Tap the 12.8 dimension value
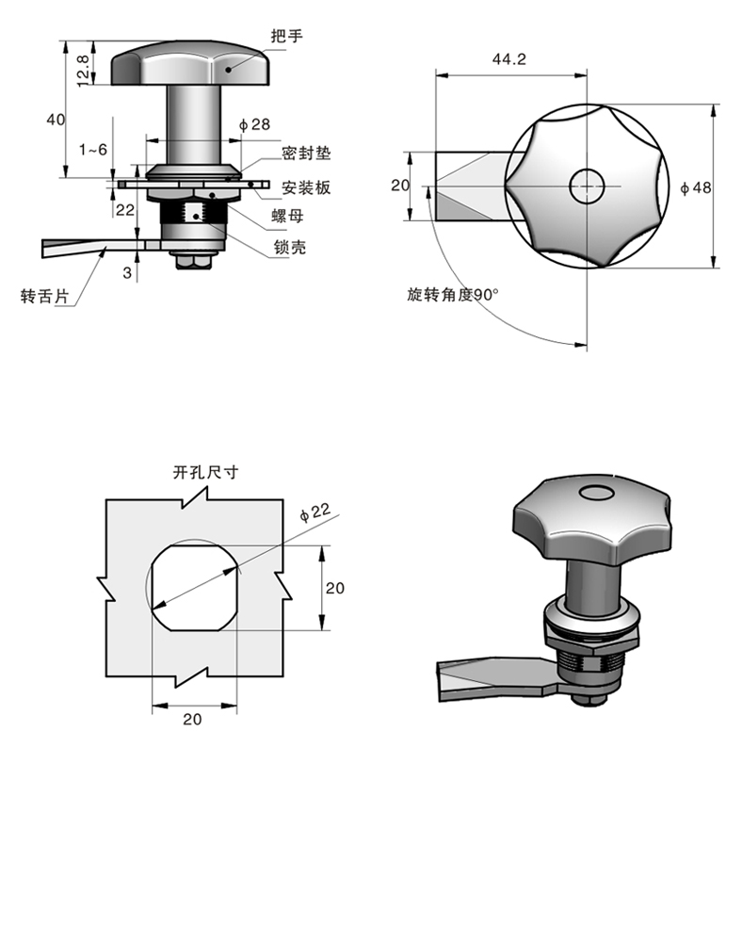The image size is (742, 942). pos(83,69)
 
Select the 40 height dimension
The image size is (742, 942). pos(56,119)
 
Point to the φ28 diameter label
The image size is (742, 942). pos(255,124)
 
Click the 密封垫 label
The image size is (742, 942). pos(306,154)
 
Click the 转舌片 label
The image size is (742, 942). pos(44,296)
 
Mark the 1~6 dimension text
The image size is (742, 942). pos(93,150)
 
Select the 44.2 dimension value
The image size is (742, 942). pos(508,59)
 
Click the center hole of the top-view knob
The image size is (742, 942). pos(586,186)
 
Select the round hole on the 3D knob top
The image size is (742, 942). pos(595,493)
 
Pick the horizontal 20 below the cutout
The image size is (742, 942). pos(192,719)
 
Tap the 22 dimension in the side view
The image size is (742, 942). pos(124,209)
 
